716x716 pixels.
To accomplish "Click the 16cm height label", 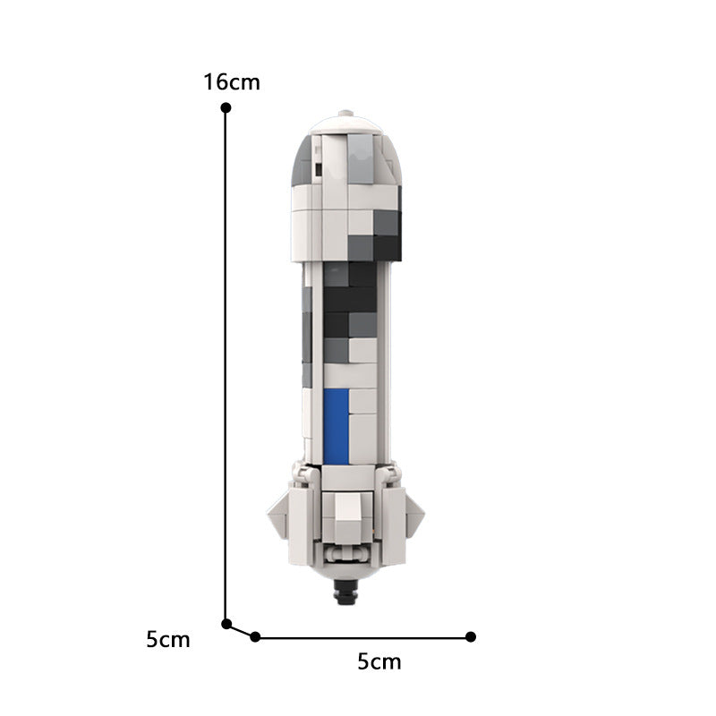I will (x=231, y=82).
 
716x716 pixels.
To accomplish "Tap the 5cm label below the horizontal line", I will (x=379, y=662).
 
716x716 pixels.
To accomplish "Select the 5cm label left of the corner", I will (x=168, y=640).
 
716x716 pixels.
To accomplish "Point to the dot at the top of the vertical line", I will (x=226, y=107).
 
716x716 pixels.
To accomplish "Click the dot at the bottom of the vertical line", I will (x=226, y=624).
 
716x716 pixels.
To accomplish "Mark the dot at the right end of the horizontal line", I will (x=471, y=636).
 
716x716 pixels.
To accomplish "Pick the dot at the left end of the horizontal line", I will (x=255, y=636).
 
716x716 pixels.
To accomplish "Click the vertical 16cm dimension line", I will (x=226, y=358).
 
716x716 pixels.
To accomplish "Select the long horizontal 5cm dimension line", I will (x=362, y=637).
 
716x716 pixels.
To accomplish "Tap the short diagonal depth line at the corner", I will (x=241, y=630).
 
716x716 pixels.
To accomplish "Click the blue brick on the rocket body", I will (x=336, y=426).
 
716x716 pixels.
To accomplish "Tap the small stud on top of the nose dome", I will (x=346, y=115).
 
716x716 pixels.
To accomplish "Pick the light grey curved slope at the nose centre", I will (x=359, y=158).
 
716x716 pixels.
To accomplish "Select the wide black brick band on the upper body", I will (x=349, y=300).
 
